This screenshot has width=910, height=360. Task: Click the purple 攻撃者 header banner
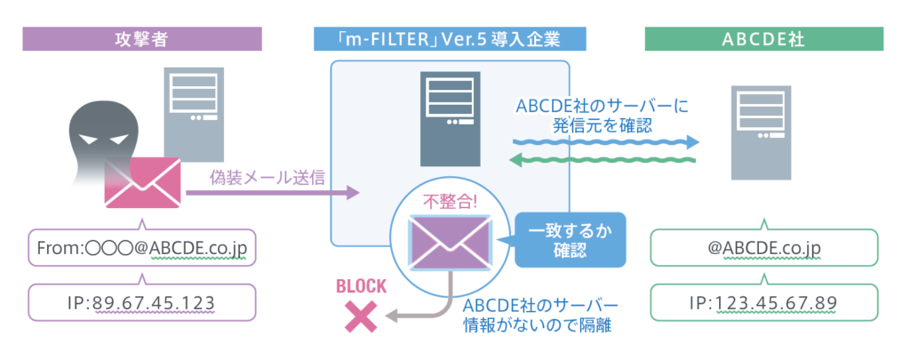point(142,38)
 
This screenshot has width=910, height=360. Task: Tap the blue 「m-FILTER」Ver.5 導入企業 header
point(450,38)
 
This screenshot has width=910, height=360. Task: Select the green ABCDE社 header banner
point(764,38)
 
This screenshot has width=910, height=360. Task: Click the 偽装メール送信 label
point(267,176)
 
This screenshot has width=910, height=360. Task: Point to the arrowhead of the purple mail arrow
point(354,191)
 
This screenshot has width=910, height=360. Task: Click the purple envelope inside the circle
point(449,241)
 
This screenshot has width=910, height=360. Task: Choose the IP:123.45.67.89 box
point(764,303)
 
